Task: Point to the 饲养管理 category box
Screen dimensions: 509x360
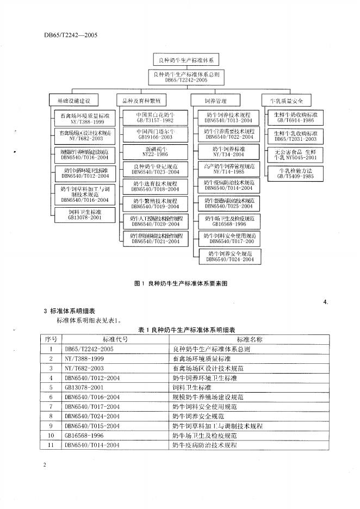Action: click(x=215, y=101)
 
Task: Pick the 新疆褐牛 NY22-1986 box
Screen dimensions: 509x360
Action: click(x=154, y=151)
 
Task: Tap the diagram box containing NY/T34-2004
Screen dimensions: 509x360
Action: click(x=229, y=151)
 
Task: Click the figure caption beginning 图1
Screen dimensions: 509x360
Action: click(x=180, y=283)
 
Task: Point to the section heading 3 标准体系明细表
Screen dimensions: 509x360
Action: click(x=69, y=311)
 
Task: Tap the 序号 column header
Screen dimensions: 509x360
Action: click(x=51, y=339)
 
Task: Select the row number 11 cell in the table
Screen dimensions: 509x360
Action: click(x=51, y=445)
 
